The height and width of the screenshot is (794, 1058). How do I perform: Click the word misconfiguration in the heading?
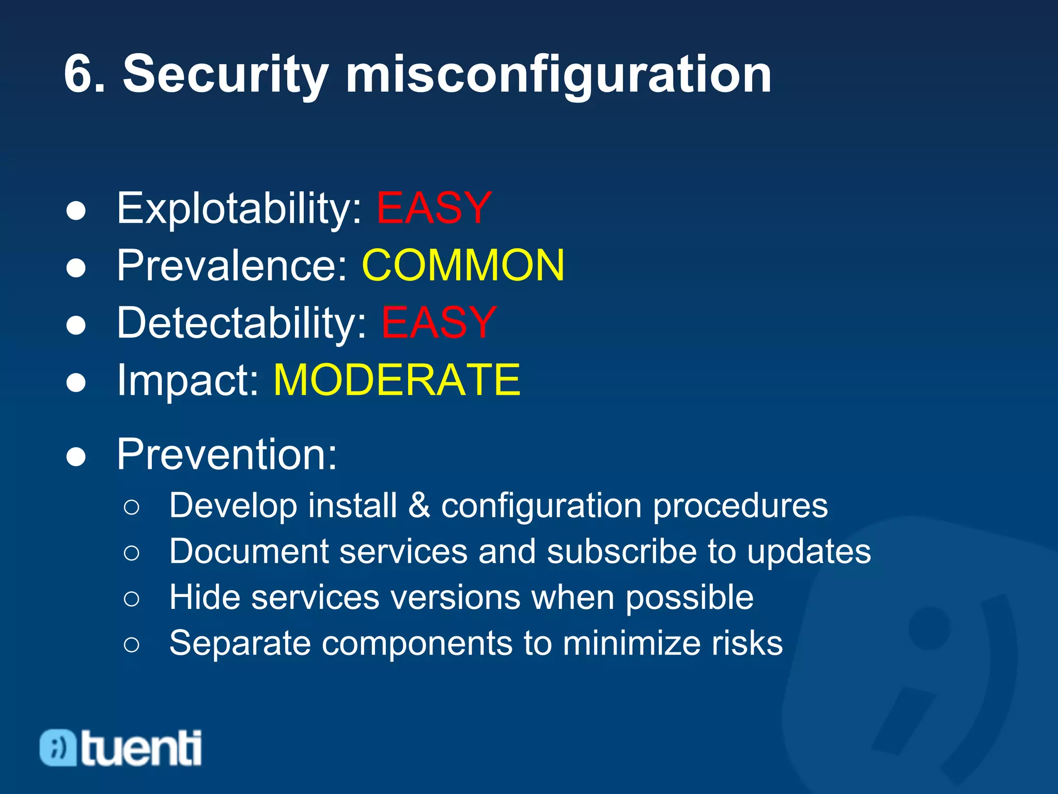[558, 75]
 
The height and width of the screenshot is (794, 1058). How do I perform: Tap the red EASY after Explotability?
[433, 208]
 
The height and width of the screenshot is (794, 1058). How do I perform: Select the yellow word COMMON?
[463, 265]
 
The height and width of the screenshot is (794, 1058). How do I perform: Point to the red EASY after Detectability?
[439, 323]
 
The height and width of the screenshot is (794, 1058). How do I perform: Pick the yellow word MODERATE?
[397, 380]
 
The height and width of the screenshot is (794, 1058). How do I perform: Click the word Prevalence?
[231, 265]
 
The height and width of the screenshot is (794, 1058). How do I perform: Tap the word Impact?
[187, 380]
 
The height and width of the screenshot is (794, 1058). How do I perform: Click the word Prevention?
[226, 454]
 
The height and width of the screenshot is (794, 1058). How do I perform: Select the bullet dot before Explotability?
[76, 211]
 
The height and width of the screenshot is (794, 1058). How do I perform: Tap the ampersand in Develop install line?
[419, 506]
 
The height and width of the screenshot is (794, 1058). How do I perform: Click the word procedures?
[740, 506]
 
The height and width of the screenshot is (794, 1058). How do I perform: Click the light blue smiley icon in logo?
[58, 747]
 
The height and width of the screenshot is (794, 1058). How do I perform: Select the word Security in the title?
[225, 75]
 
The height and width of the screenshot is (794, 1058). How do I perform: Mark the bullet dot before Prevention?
[76, 457]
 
